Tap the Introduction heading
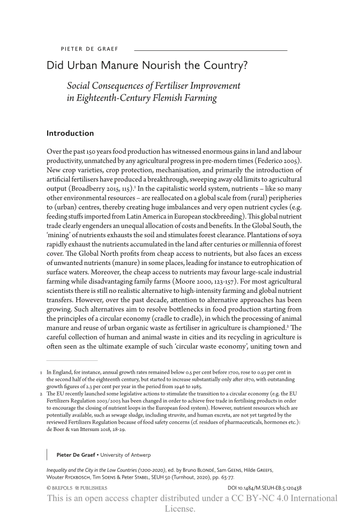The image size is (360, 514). point(70,133)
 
